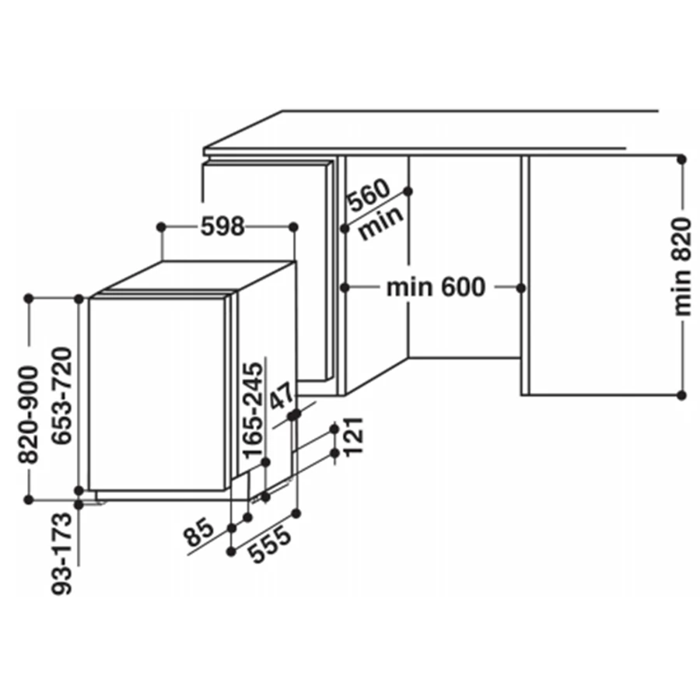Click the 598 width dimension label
click(222, 226)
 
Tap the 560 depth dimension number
click(369, 194)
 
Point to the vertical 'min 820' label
click(682, 267)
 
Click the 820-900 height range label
click(28, 415)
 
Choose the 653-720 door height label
click(62, 396)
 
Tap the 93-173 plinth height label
click(61, 554)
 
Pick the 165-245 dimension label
click(253, 410)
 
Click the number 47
click(282, 395)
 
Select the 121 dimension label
click(354, 436)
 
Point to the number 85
click(199, 532)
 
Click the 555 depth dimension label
click(269, 544)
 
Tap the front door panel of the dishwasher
click(156, 394)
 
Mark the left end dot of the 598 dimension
click(161, 227)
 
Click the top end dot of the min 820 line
click(681, 159)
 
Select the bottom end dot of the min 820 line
click(681, 395)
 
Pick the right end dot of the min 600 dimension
click(520, 289)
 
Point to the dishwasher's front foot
click(95, 503)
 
